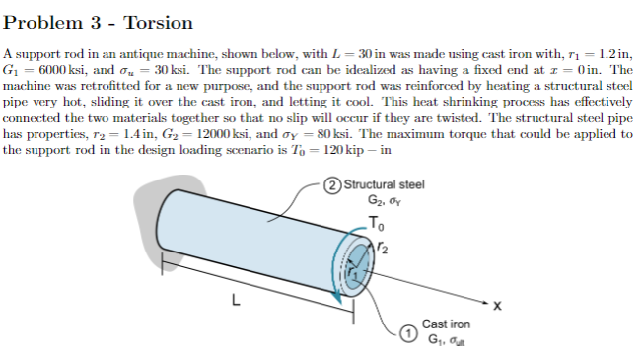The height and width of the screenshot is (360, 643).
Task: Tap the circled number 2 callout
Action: (x=335, y=184)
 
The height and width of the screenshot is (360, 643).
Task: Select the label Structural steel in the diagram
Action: (x=384, y=184)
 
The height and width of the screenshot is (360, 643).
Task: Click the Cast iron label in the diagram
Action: (x=446, y=324)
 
